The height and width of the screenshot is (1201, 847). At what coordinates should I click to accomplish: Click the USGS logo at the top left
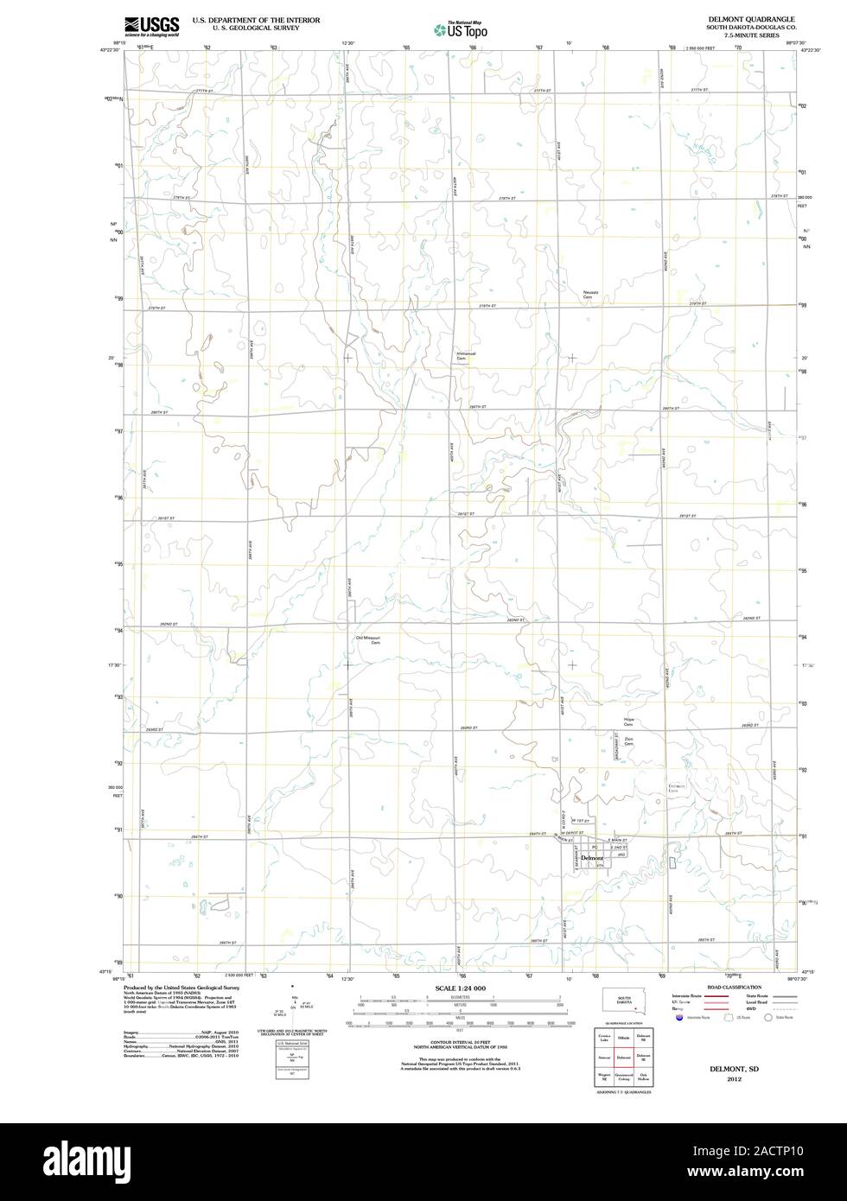pyautogui.click(x=151, y=26)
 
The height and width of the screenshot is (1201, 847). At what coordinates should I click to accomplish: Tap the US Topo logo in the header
pyautogui.click(x=461, y=29)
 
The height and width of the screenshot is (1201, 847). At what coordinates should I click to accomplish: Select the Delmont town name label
pyautogui.click(x=593, y=858)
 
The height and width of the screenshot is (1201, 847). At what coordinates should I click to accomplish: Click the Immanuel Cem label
pyautogui.click(x=466, y=355)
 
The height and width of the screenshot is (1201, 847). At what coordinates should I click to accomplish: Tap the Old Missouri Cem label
pyautogui.click(x=368, y=640)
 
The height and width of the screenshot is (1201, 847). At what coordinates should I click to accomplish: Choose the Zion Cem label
pyautogui.click(x=629, y=741)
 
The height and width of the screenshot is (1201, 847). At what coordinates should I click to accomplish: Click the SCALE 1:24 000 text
pyautogui.click(x=462, y=988)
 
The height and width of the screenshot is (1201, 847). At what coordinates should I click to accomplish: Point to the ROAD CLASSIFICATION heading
pyautogui.click(x=734, y=987)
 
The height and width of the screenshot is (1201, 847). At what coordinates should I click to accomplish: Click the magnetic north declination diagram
pyautogui.click(x=294, y=1006)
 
